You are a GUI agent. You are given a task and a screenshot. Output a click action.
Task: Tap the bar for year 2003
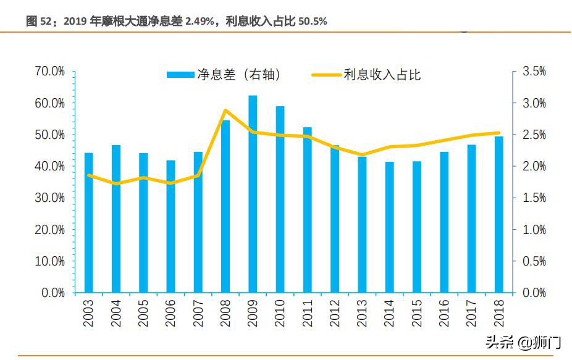(x=89, y=222)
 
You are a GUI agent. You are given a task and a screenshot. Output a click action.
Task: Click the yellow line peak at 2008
(x=225, y=111)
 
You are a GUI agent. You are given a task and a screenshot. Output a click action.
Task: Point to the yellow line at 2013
(x=362, y=154)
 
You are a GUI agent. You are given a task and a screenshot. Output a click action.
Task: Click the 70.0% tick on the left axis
(x=50, y=72)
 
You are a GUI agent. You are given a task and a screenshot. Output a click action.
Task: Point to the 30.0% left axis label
(x=50, y=198)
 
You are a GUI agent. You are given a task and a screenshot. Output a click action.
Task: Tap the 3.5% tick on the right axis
(x=534, y=72)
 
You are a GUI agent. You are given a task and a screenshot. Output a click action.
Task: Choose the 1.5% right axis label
(x=534, y=198)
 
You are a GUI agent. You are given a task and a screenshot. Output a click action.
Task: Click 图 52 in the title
(x=41, y=22)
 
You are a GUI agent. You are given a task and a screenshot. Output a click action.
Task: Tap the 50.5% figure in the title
(x=313, y=22)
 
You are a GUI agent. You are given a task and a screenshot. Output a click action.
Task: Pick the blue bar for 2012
(x=335, y=219)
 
